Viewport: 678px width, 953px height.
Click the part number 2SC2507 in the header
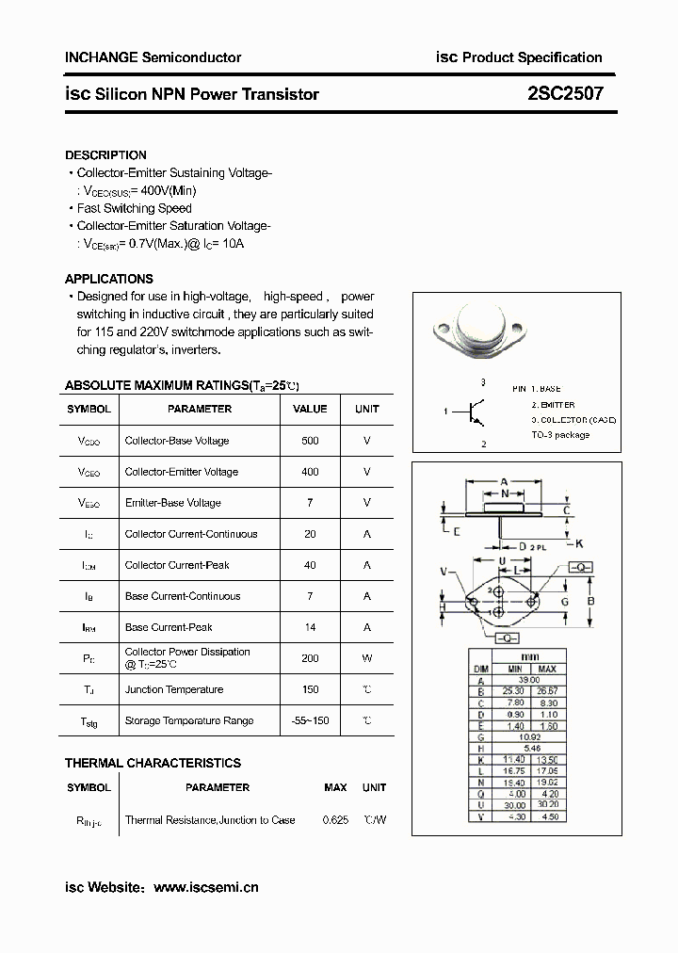pyautogui.click(x=565, y=93)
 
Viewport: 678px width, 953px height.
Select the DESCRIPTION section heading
pyautogui.click(x=105, y=154)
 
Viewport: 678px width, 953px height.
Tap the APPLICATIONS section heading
pyautogui.click(x=108, y=279)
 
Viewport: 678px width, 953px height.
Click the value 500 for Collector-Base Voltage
pyautogui.click(x=310, y=441)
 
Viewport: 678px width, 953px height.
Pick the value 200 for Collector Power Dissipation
pyautogui.click(x=310, y=658)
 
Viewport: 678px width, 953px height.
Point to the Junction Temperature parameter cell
pyautogui.click(x=173, y=689)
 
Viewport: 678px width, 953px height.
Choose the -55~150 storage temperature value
pyautogui.click(x=310, y=720)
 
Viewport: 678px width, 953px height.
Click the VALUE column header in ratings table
pyautogui.click(x=310, y=409)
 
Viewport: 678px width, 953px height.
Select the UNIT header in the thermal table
pyautogui.click(x=374, y=787)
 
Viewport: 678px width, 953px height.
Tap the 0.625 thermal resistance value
pyautogui.click(x=335, y=820)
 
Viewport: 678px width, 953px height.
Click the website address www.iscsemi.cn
pyautogui.click(x=205, y=887)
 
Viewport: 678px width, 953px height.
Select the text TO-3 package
pyautogui.click(x=559, y=435)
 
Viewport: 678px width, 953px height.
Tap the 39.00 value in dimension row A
pyautogui.click(x=530, y=680)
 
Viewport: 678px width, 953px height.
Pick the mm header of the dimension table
pyautogui.click(x=530, y=656)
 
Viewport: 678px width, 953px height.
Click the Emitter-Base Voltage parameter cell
pyautogui.click(x=172, y=503)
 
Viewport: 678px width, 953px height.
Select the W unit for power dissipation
pyautogui.click(x=366, y=658)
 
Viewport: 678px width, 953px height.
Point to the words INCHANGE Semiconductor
pyautogui.click(x=153, y=57)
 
